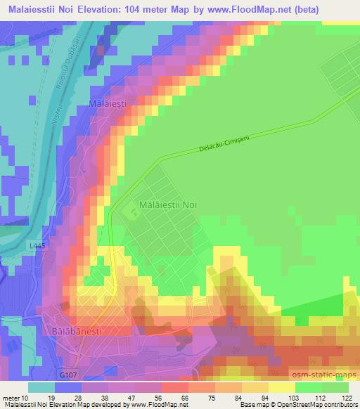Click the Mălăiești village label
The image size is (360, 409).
108,103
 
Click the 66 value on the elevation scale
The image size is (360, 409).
184,397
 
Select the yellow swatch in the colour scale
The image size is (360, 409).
281,387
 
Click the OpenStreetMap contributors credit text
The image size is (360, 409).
309,405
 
